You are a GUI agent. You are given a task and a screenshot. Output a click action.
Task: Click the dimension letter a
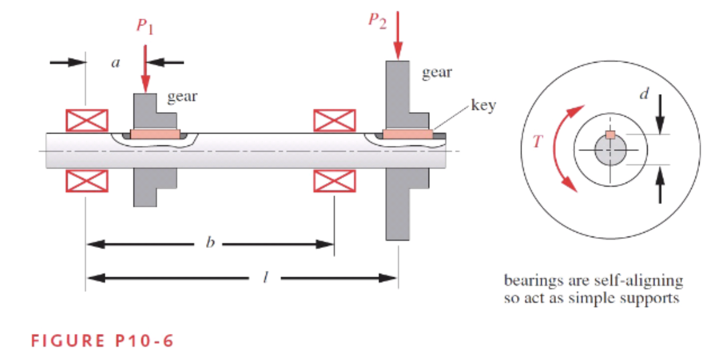(x=115, y=63)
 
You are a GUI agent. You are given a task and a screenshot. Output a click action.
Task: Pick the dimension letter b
(x=210, y=243)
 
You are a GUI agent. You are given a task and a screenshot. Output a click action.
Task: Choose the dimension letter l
(x=265, y=278)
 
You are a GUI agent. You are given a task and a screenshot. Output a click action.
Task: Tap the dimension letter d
(x=644, y=94)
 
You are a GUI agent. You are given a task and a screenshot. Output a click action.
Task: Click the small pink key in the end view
(x=610, y=135)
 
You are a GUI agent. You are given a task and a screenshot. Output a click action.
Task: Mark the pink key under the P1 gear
(x=155, y=135)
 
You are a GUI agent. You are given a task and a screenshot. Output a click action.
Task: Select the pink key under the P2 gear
(x=407, y=135)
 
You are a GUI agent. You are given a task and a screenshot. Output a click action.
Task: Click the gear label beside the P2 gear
(x=437, y=72)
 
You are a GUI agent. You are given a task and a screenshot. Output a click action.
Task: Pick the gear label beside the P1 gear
(x=183, y=97)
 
